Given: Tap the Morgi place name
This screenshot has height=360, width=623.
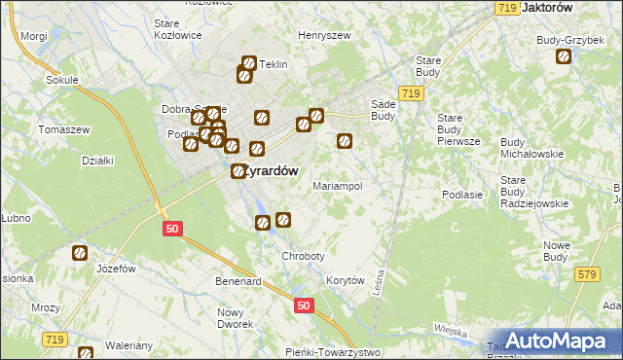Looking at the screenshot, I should tap(33, 36).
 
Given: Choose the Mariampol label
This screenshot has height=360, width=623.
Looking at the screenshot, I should tap(337, 185).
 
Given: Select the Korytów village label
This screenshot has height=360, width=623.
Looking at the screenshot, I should tap(346, 280).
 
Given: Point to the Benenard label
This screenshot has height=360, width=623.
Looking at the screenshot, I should tap(239, 281).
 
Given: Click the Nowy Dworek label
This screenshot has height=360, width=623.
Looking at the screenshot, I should tap(234, 318).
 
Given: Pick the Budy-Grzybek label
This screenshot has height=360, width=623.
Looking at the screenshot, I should tap(565, 40).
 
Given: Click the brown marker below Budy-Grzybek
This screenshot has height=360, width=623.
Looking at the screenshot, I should tap(564, 57).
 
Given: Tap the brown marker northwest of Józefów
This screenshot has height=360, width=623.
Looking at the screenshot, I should tap(80, 253).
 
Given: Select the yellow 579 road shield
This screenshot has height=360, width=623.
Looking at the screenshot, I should tap(586, 277).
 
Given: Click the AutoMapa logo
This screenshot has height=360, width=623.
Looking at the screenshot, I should tap(559, 342).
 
